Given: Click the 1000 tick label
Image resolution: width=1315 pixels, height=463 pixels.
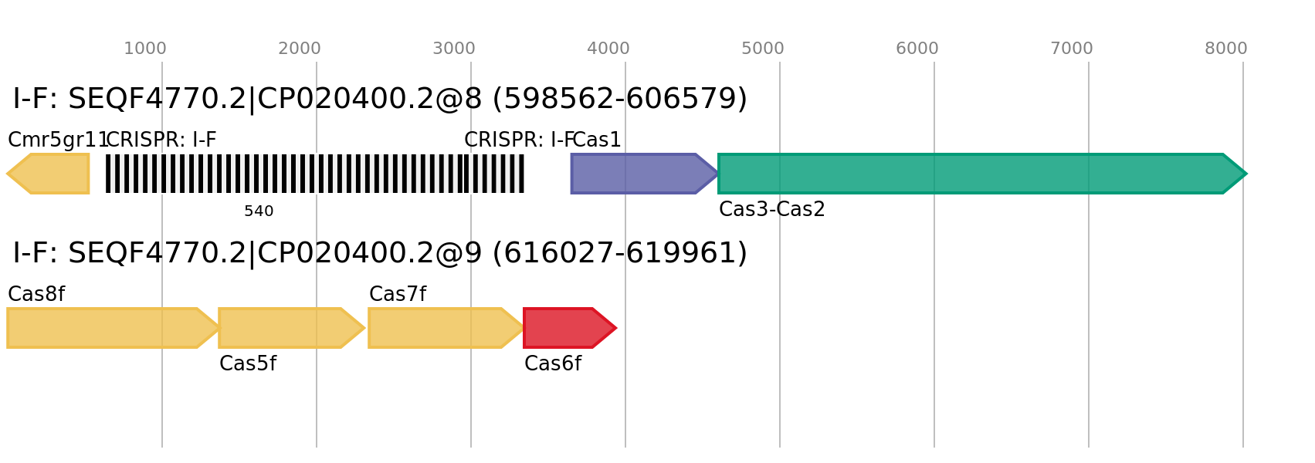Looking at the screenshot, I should [145, 49].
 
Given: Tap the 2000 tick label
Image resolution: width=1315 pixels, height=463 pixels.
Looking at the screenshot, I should [300, 49].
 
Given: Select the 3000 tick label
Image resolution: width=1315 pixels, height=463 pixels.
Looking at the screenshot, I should [454, 49].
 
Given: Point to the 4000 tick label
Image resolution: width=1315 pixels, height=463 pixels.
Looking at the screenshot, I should [608, 49].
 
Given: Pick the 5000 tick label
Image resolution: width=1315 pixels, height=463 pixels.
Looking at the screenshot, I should [763, 49].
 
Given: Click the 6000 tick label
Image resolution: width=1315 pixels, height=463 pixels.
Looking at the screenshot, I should [917, 49].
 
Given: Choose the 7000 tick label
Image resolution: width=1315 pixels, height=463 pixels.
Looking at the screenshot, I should [1072, 49].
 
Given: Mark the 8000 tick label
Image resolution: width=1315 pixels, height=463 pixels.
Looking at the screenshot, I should [1226, 49].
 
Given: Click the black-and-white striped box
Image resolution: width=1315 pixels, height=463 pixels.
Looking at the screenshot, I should [315, 174].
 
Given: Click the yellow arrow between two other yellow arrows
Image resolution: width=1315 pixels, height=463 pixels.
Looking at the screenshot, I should [286, 328].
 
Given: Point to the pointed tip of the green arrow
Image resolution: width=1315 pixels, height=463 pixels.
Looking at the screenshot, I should [1246, 174].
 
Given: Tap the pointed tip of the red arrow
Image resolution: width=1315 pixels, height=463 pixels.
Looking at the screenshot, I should [616, 328].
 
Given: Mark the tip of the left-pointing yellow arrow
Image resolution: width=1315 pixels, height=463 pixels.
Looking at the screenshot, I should [8, 174].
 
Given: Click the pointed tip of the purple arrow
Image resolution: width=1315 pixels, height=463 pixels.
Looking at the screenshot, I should [718, 174].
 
